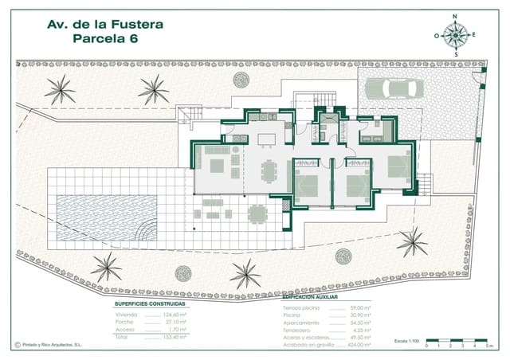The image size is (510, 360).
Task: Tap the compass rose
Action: (455, 33)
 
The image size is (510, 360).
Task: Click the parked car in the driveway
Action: (394, 88)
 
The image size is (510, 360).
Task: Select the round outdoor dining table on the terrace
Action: (257, 213)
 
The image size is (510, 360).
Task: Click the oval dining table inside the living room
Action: (269, 170)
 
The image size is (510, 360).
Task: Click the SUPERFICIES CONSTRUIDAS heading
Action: (150, 304)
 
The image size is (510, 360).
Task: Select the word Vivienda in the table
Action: (127, 315)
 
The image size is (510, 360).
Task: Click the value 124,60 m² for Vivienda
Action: (174, 315)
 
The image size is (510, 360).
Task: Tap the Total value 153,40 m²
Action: (174, 337)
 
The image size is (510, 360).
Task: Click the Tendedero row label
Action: (297, 330)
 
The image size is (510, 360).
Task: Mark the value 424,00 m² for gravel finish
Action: (360, 345)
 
